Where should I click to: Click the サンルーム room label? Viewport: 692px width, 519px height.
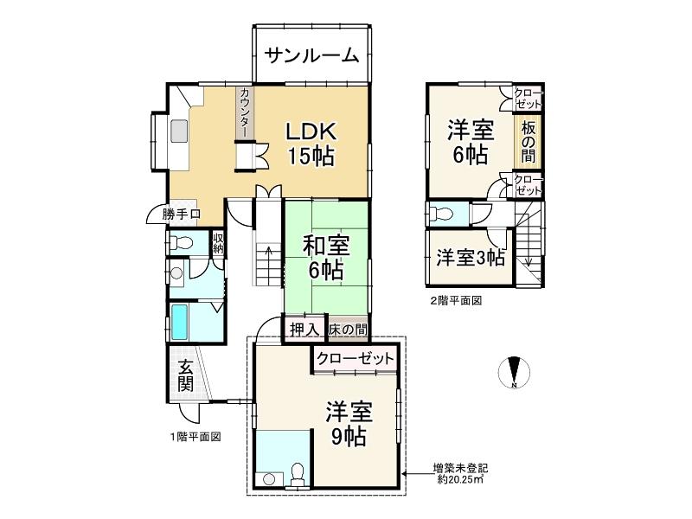[311, 56]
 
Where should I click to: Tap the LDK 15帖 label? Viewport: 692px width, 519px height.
[311, 143]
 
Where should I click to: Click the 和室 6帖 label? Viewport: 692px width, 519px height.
[326, 257]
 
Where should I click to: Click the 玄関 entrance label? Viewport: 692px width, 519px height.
[185, 376]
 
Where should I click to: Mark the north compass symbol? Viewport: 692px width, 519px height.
[514, 372]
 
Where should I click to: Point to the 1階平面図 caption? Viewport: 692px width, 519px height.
[195, 436]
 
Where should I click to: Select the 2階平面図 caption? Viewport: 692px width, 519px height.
[455, 301]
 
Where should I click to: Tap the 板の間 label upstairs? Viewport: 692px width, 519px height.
[528, 140]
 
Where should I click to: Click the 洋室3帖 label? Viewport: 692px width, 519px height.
[470, 257]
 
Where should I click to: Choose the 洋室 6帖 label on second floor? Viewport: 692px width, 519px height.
[470, 143]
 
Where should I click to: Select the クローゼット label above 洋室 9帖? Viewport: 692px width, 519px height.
[355, 358]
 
